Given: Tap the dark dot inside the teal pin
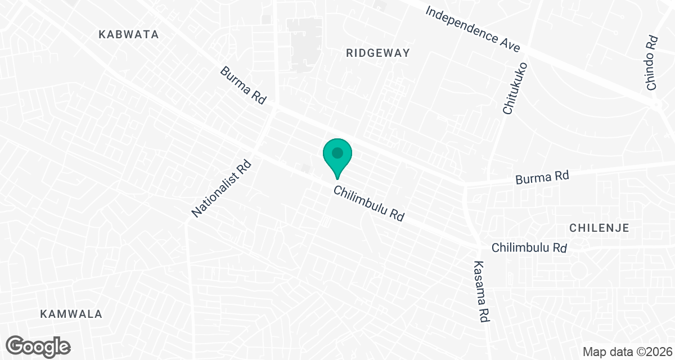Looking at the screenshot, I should point(337,152).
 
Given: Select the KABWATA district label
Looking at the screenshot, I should point(129,34).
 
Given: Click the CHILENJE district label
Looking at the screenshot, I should point(598,228).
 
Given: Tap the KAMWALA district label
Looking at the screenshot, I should point(71,314).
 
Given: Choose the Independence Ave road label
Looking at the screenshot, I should point(473,30).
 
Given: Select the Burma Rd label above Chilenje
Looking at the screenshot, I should point(543,177).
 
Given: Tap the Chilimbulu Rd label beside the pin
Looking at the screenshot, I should point(369,204).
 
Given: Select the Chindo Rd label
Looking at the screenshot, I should point(652,63).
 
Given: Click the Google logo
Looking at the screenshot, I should point(39,346).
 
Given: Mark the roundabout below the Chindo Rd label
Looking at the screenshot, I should point(656,106).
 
